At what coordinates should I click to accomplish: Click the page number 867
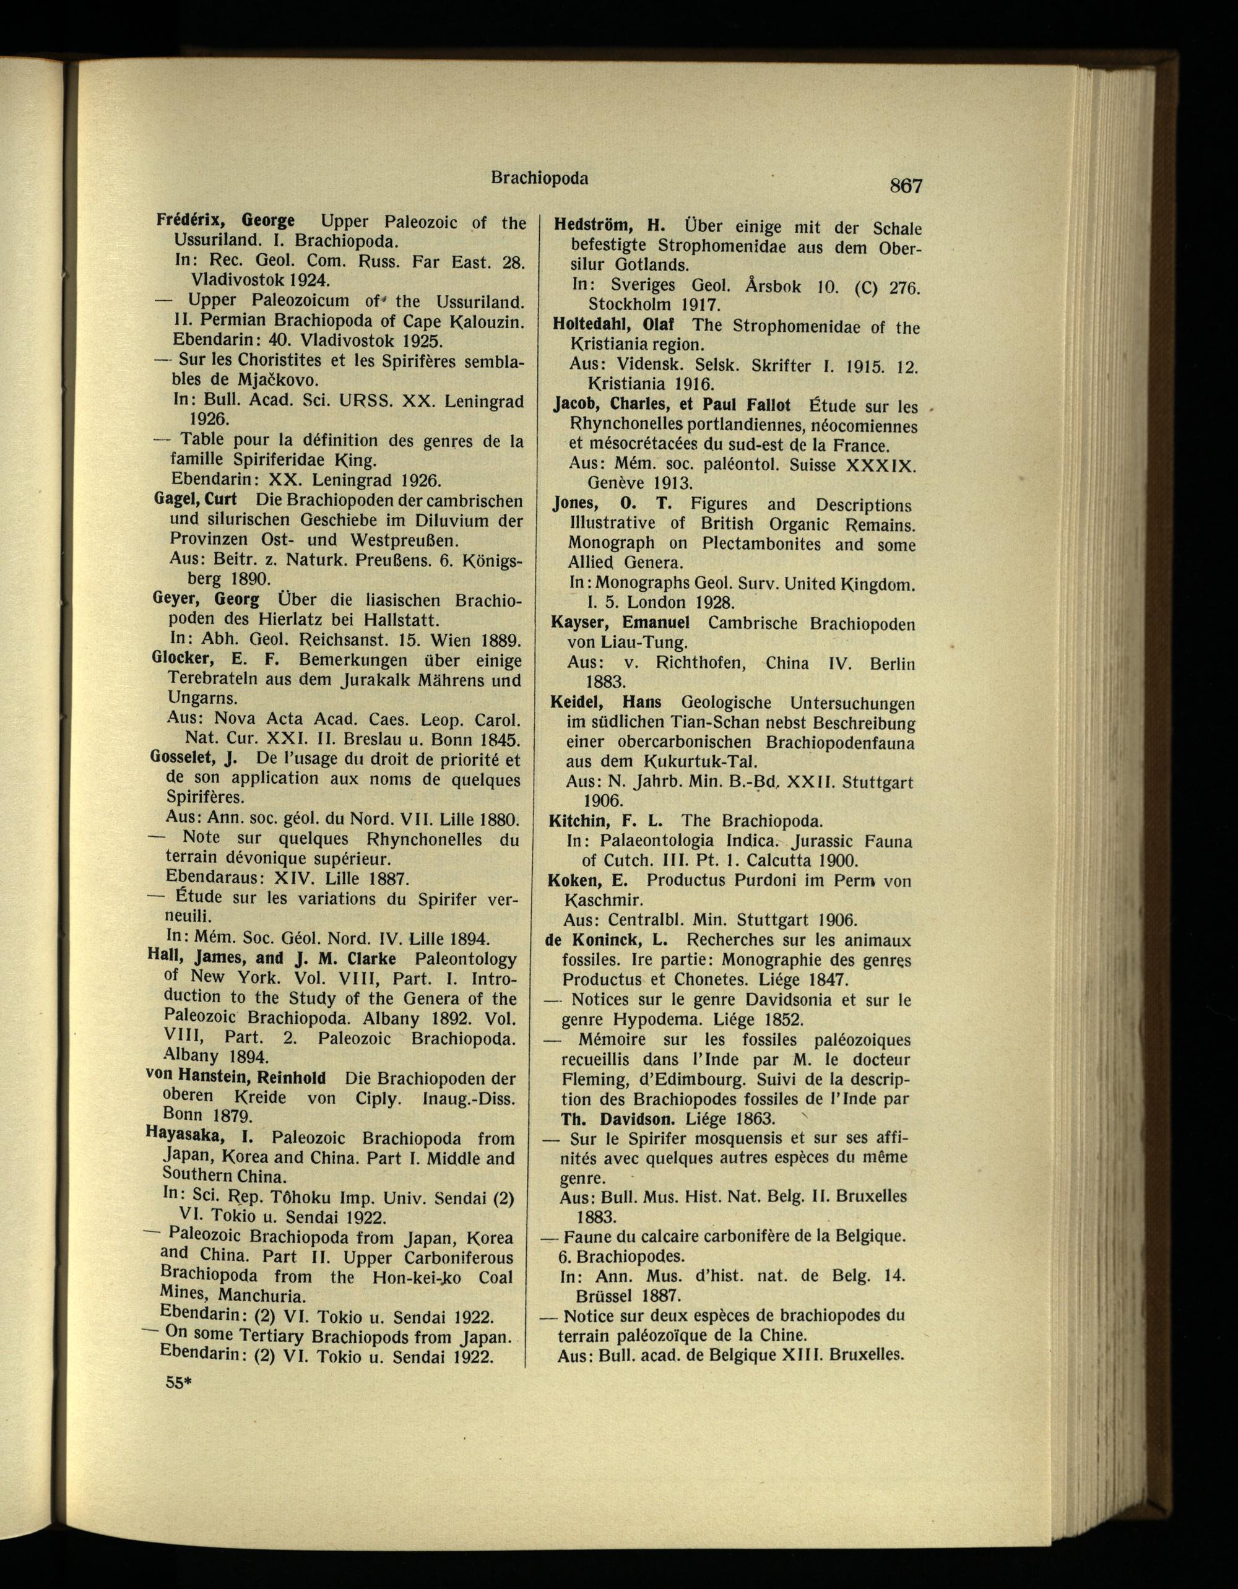[x=906, y=186]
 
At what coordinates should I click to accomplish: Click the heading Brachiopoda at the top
[x=539, y=178]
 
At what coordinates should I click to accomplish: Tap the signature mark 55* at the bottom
[x=177, y=1382]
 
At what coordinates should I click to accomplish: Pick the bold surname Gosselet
[x=186, y=758]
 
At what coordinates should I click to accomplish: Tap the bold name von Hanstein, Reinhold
[x=236, y=1078]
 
